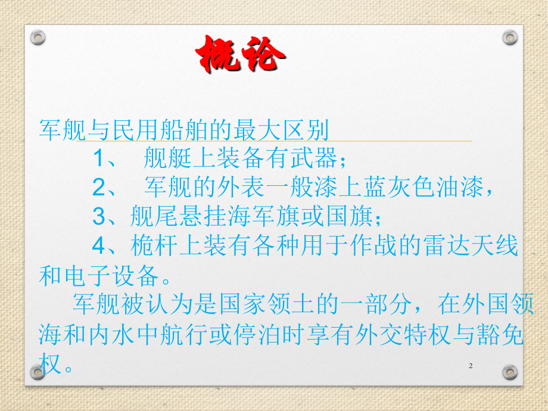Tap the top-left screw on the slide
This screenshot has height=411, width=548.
click(38, 38)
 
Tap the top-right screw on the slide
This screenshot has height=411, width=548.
click(510, 38)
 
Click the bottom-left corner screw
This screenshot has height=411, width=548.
click(38, 372)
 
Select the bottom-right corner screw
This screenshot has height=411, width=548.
click(510, 372)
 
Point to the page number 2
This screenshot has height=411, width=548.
click(471, 366)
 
